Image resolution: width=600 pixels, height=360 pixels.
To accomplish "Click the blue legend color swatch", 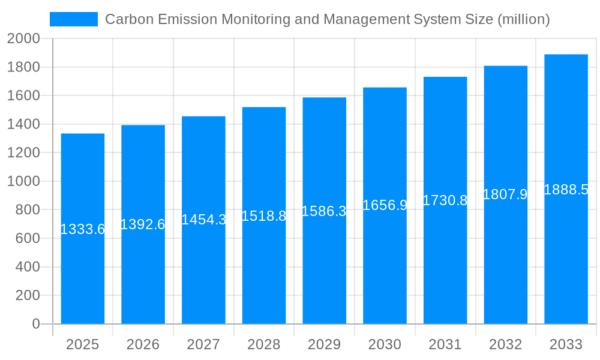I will pos(73,19).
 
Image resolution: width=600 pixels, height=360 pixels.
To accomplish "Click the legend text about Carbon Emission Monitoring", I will pos(327,19).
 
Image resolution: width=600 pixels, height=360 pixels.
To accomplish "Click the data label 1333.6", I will pos(83,229).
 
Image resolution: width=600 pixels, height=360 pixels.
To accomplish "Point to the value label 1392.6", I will pos(143,224).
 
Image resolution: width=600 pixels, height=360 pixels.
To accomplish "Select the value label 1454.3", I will pos(203,220).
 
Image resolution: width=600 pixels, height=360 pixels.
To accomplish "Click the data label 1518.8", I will pos(264,216).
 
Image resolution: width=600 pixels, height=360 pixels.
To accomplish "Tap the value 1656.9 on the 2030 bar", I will pos(385,205).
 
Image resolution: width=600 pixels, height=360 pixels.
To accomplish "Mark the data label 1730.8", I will pos(445,200).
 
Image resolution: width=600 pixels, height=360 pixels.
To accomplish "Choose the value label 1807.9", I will pos(505,194).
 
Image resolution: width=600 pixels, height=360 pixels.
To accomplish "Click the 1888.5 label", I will pos(566,190).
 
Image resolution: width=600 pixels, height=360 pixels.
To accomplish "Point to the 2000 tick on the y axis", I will pos(23,39).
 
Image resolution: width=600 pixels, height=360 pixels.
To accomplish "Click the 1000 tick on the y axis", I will pos(23,181).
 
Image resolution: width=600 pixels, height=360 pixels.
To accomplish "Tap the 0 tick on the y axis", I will pos(35,324).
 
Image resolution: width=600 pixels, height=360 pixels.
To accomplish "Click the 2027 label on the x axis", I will pos(203,344).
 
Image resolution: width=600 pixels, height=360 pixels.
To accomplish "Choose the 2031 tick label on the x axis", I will pos(445,344).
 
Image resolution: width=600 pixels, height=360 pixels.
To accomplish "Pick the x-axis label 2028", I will pos(264,344).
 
